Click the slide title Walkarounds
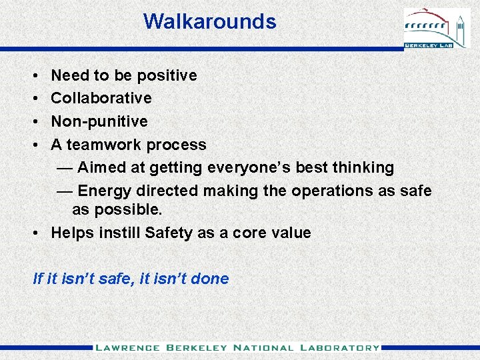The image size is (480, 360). click(x=209, y=21)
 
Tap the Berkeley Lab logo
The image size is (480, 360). click(x=437, y=29)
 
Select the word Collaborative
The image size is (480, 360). click(x=101, y=98)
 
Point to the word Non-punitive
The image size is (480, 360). click(x=99, y=121)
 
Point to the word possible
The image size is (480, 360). click(x=126, y=209)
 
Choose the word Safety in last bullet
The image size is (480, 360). click(x=168, y=233)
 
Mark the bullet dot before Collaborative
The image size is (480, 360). click(x=34, y=99)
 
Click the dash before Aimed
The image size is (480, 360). click(x=65, y=167)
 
